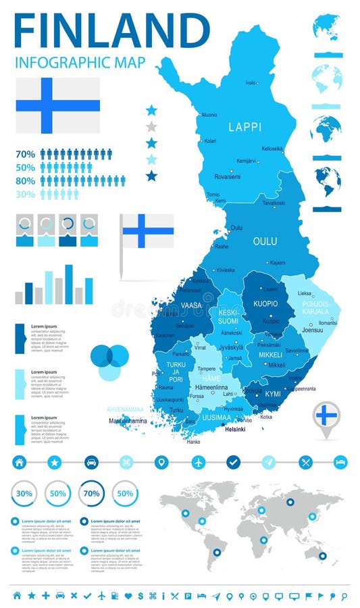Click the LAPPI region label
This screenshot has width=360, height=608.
(x=245, y=126)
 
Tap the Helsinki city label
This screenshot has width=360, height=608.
(x=235, y=429)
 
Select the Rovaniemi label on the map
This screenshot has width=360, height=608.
(x=228, y=177)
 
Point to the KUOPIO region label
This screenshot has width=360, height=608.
(x=265, y=304)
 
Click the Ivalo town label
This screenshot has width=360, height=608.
(x=251, y=82)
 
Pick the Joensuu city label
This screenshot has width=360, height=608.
(x=313, y=330)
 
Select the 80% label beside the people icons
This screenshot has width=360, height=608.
(x=25, y=181)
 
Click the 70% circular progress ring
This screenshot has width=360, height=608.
(x=91, y=493)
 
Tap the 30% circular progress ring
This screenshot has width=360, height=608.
(x=24, y=493)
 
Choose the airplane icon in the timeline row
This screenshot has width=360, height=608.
(x=198, y=462)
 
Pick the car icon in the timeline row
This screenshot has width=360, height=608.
(x=91, y=462)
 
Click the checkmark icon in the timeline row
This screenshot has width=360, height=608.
(x=234, y=462)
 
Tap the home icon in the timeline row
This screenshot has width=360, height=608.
(x=20, y=462)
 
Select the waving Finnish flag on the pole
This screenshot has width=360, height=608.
(x=147, y=231)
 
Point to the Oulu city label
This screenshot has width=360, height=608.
(x=236, y=228)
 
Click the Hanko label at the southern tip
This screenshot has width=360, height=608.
(x=193, y=442)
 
